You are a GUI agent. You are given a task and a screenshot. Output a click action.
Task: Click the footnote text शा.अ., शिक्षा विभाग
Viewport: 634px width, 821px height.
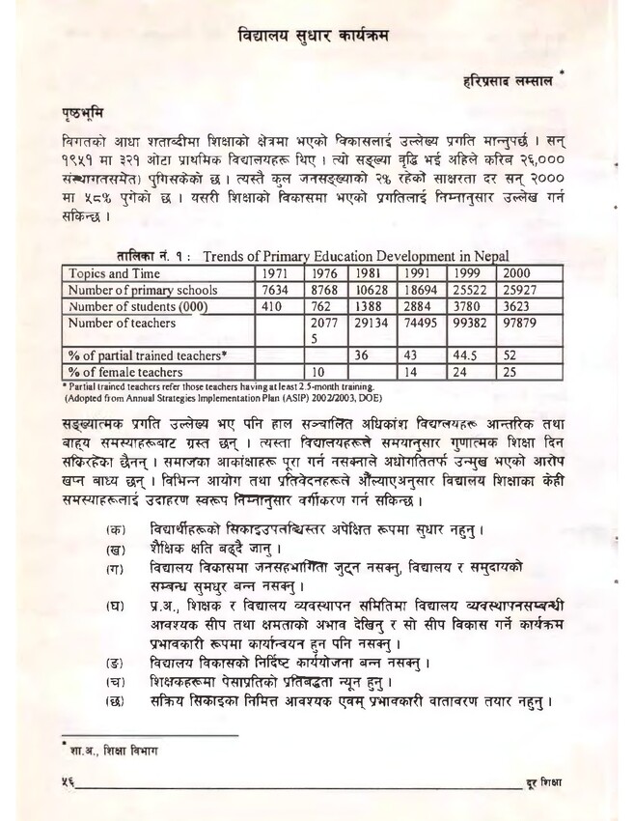point(101,748)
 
